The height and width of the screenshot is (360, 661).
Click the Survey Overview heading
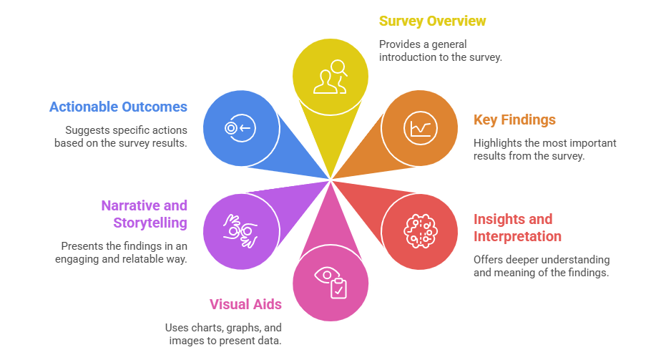tap(432, 21)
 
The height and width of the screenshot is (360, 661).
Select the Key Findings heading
tap(514, 120)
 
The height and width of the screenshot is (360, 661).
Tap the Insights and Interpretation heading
tap(517, 228)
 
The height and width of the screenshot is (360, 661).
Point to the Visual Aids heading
tap(245, 304)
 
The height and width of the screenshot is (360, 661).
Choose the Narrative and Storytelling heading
tap(144, 214)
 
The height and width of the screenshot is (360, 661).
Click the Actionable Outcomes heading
tap(118, 107)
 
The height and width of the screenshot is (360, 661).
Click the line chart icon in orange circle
tap(419, 128)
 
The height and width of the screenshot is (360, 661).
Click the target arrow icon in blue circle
tap(240, 128)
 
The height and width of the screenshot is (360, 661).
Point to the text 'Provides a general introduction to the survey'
tap(440, 51)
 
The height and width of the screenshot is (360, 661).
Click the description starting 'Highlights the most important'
tap(544, 149)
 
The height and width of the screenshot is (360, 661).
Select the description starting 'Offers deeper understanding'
tap(541, 266)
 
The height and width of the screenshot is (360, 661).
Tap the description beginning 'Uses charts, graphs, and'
tap(223, 334)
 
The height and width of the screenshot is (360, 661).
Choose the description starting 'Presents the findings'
tap(122, 252)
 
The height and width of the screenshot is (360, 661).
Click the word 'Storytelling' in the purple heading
tap(150, 223)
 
